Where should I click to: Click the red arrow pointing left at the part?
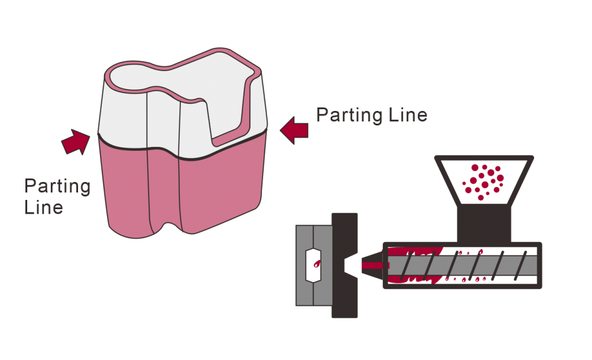click(294, 130)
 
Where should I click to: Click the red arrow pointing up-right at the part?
click(76, 142)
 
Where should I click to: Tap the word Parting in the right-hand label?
click(349, 115)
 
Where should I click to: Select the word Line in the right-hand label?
click(408, 115)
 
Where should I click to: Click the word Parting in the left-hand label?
click(57, 186)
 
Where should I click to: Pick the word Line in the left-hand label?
click(43, 207)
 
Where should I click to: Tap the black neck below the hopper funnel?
click(484, 224)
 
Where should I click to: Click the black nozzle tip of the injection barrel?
click(372, 265)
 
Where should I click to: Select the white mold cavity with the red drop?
click(313, 265)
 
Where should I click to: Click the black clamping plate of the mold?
click(345, 265)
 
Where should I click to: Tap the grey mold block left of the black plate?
click(314, 265)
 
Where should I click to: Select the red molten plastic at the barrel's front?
click(412, 265)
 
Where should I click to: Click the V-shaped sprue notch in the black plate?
click(350, 265)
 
